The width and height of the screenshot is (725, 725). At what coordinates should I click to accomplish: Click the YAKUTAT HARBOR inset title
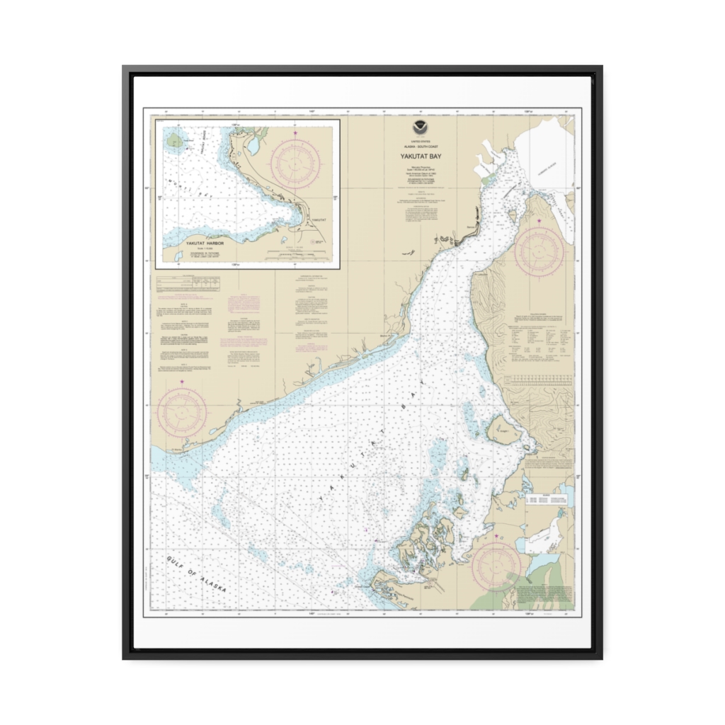click(x=205, y=243)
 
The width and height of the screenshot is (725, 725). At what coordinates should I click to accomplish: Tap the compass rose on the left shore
click(x=182, y=413)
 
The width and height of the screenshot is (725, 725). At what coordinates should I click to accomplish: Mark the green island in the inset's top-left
click(x=175, y=141)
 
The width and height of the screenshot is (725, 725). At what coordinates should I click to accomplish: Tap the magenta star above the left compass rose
click(x=182, y=382)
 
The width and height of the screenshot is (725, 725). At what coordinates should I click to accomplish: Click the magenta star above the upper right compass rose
click(x=540, y=222)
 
